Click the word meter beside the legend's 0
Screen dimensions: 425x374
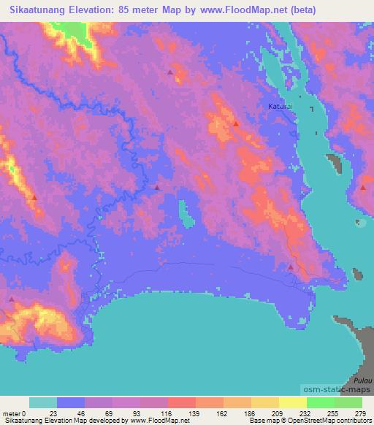(x=11, y=413)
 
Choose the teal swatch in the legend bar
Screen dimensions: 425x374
(x=43, y=402)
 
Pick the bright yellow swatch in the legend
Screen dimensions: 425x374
(x=293, y=402)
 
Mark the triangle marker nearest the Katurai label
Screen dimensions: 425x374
(x=236, y=123)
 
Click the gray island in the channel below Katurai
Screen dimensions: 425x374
(x=337, y=165)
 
